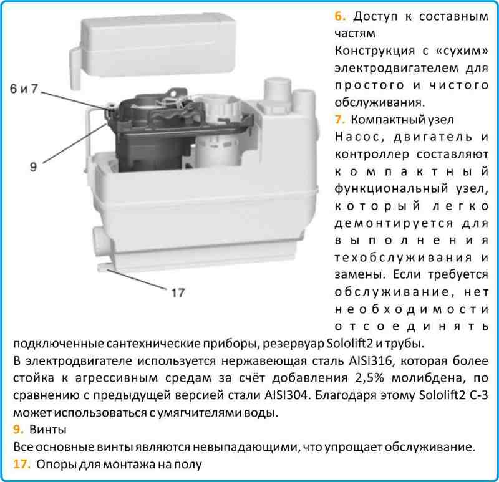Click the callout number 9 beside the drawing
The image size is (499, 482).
pos(33,166)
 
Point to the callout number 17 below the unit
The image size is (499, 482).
pos(177,292)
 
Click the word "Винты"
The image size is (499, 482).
pos(49,430)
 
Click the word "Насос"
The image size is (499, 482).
pos(356,135)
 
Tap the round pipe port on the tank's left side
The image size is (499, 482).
pos(100,241)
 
